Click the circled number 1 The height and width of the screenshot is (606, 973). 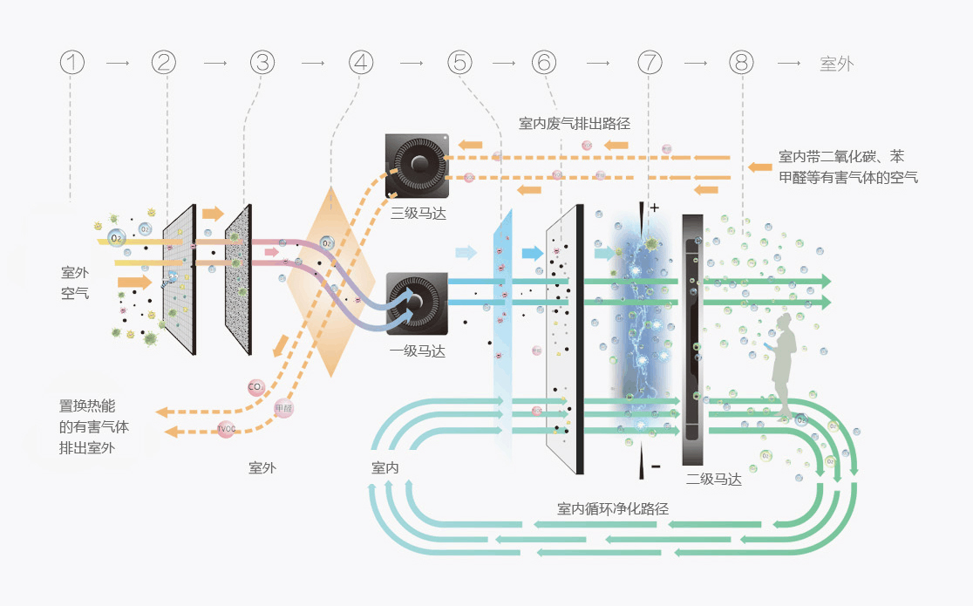pyautogui.click(x=73, y=63)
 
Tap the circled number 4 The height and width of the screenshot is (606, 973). pyautogui.click(x=360, y=63)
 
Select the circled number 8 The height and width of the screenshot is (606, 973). pyautogui.click(x=741, y=63)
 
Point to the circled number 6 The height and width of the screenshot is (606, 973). pyautogui.click(x=544, y=63)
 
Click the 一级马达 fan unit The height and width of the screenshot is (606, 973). pyautogui.click(x=417, y=303)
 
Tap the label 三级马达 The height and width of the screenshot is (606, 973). pyautogui.click(x=418, y=214)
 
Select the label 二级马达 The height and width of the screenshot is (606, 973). pyautogui.click(x=713, y=479)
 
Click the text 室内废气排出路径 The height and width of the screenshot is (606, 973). pyautogui.click(x=574, y=124)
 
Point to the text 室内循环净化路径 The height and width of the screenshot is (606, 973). pyautogui.click(x=613, y=508)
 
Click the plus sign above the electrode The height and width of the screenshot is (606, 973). pyautogui.click(x=655, y=208)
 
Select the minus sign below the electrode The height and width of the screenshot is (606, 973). pyautogui.click(x=655, y=466)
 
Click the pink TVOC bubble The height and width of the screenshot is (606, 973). pyautogui.click(x=226, y=428)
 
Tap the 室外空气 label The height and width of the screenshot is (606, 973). pyautogui.click(x=75, y=283)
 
